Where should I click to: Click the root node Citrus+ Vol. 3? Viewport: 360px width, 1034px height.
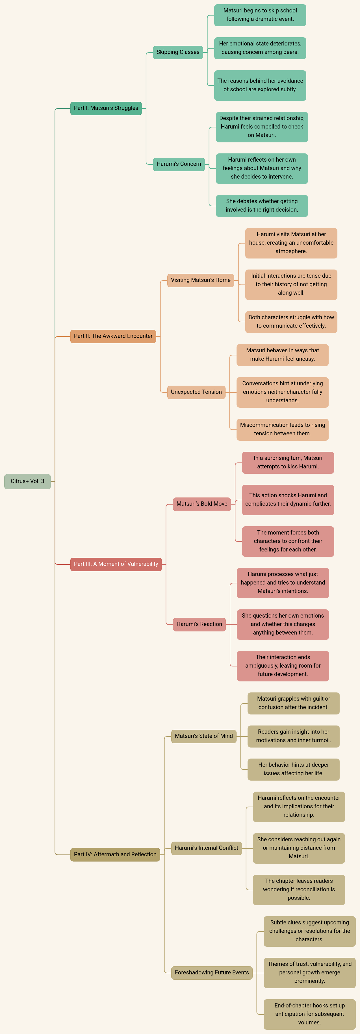click(27, 481)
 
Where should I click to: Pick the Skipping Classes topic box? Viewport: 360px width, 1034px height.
click(178, 52)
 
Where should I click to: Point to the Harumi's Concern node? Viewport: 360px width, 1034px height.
click(179, 164)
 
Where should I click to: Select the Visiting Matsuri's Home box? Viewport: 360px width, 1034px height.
click(201, 280)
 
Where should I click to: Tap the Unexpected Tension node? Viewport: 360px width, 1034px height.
click(196, 392)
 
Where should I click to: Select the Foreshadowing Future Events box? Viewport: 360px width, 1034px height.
click(212, 973)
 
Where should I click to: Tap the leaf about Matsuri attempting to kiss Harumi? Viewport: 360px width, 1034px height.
click(288, 462)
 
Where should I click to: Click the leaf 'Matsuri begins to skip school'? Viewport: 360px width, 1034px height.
click(260, 15)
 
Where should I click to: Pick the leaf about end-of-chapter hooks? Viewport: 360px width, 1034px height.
click(309, 1014)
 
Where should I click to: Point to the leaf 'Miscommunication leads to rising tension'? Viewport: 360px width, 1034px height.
click(283, 429)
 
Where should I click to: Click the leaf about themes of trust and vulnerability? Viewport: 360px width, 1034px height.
click(309, 973)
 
